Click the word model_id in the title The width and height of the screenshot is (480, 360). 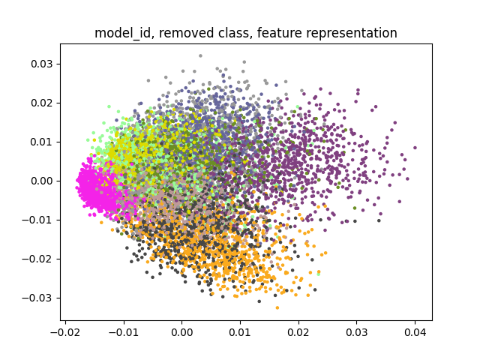tap(122, 33)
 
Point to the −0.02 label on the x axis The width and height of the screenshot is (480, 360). tap(65, 332)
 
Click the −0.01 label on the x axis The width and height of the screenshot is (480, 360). tap(124, 332)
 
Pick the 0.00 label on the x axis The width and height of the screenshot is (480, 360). tap(181, 332)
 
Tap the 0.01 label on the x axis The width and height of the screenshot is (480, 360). tap(240, 332)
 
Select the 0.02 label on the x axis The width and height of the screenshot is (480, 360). tap(298, 332)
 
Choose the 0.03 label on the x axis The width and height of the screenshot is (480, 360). tap(357, 332)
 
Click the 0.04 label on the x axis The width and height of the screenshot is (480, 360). tap(415, 332)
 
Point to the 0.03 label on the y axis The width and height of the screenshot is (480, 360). tap(42, 64)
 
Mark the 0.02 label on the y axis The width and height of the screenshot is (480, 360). tap(42, 103)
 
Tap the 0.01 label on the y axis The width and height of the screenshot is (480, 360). tap(42, 142)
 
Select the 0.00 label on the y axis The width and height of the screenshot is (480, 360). tap(42, 181)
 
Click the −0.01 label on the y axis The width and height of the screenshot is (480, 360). tap(37, 220)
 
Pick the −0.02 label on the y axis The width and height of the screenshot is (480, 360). tap(37, 259)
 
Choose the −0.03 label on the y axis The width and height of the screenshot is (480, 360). tap(37, 298)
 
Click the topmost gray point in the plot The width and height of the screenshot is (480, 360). tap(200, 55)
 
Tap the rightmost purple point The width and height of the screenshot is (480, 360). tap(415, 148)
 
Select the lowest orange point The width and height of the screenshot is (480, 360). tap(277, 307)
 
